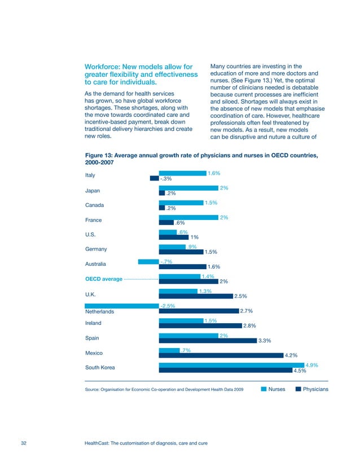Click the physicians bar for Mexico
(x=220, y=355)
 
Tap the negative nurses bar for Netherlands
(x=122, y=305)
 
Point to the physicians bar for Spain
(x=208, y=340)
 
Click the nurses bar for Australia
(x=148, y=261)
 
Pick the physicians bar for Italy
(x=155, y=178)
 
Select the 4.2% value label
(x=291, y=355)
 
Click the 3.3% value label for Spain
(x=265, y=341)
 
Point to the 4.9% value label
(x=311, y=365)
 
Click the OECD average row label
(x=103, y=279)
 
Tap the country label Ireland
(x=93, y=323)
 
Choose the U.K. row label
(x=90, y=294)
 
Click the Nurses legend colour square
(x=263, y=389)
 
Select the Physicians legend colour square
(x=298, y=389)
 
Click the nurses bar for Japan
(x=188, y=188)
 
